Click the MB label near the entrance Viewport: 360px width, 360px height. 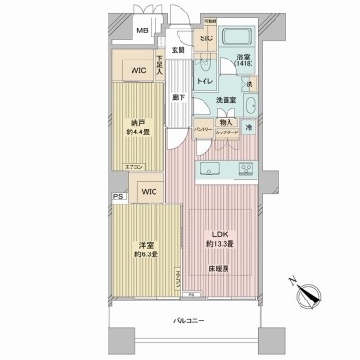click(x=141, y=31)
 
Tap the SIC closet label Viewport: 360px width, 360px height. click(x=205, y=40)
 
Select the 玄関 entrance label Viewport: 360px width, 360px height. click(x=178, y=50)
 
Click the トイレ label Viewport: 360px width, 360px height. click(x=205, y=82)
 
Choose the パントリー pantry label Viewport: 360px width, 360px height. click(x=203, y=128)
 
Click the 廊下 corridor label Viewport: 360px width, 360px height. click(x=178, y=97)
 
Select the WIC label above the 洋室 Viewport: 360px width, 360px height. click(x=148, y=192)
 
